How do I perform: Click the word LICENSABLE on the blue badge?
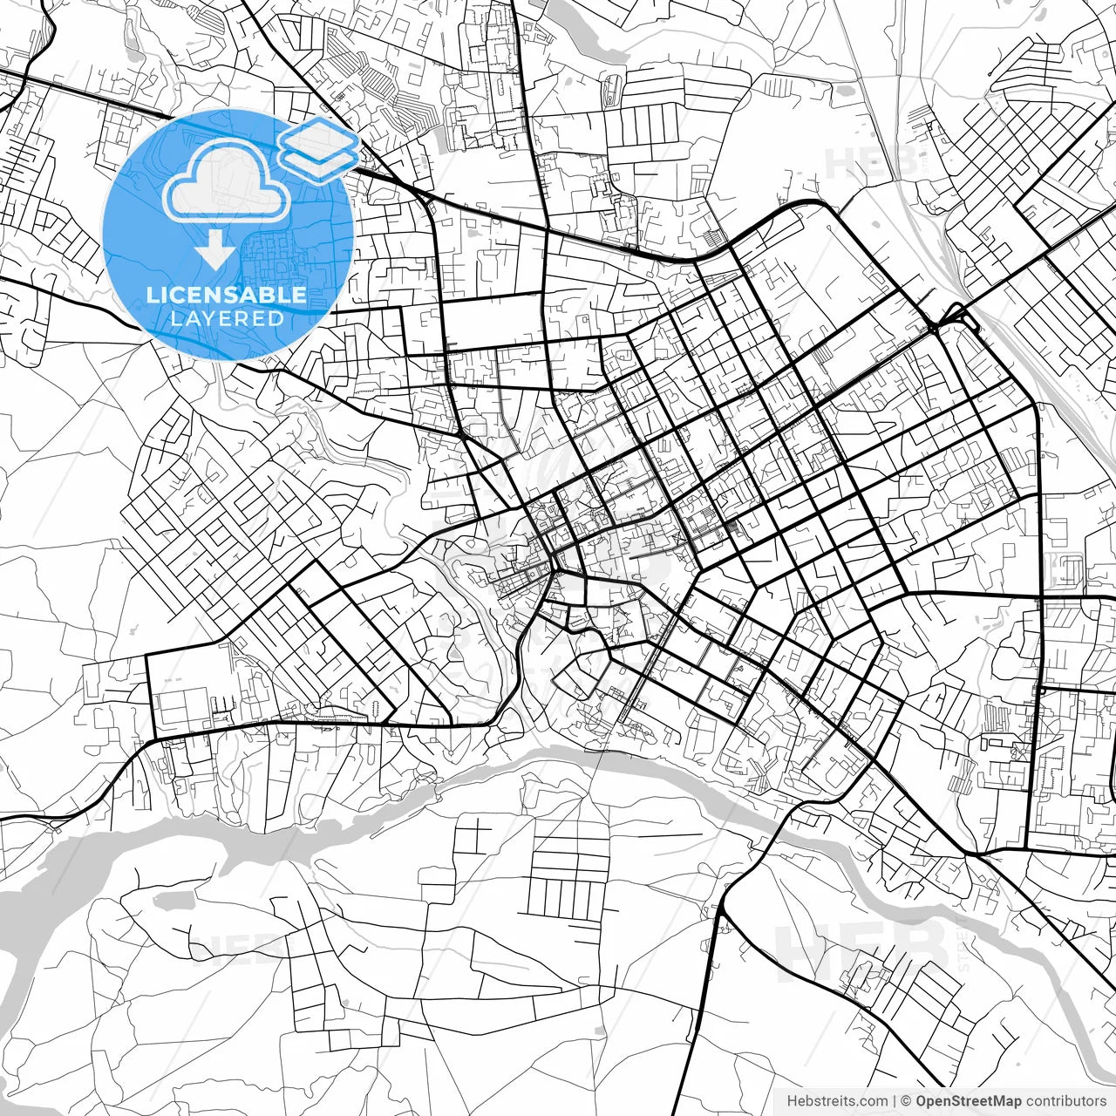coord(227,295)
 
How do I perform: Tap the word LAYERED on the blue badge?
coord(227,318)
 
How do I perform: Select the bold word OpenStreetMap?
coord(969,1101)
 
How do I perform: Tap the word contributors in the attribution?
coord(1065,1101)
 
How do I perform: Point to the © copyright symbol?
coord(906,1101)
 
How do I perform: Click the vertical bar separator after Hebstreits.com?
coord(895,1101)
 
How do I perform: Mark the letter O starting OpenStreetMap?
coord(922,1101)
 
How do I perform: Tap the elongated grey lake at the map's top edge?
coord(593,35)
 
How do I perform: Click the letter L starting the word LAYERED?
coord(174,318)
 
